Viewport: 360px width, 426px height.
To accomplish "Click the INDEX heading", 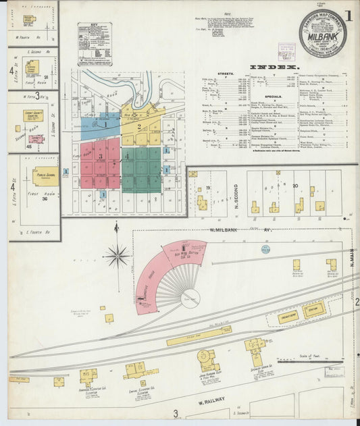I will pyautogui.click(x=274, y=68).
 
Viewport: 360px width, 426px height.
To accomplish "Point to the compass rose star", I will pyautogui.click(x=118, y=255).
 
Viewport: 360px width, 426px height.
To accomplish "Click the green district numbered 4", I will pyautogui.click(x=141, y=169).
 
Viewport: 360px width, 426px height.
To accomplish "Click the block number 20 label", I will pyautogui.click(x=296, y=184).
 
